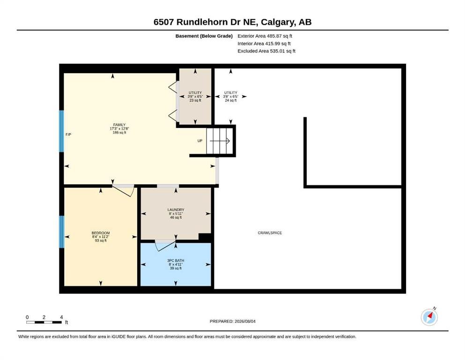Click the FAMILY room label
(x=119, y=125)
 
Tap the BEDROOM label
(x=101, y=233)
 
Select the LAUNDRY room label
(x=176, y=210)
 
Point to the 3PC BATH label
(x=176, y=261)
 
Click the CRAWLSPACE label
(x=270, y=233)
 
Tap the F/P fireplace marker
(x=68, y=135)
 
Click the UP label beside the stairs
(x=200, y=141)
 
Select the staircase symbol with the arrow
(x=220, y=141)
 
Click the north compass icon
(x=429, y=317)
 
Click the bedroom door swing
(x=123, y=190)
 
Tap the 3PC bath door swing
(x=165, y=245)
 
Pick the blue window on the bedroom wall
(x=62, y=232)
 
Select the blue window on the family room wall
(x=61, y=131)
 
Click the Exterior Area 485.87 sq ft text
(x=265, y=36)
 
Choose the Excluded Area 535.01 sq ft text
(x=266, y=51)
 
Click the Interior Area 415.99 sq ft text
(x=264, y=44)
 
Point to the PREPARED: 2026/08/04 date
(x=232, y=321)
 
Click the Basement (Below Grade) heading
(x=204, y=36)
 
